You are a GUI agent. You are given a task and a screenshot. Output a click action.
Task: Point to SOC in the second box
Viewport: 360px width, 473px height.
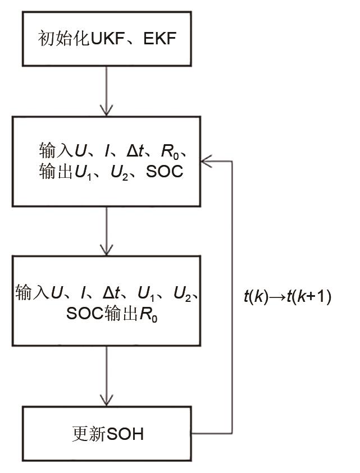coord(165,172)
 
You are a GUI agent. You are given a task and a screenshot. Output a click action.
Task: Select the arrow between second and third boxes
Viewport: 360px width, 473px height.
coord(106,230)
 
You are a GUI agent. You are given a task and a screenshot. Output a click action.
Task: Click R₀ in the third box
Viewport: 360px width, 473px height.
coord(148,316)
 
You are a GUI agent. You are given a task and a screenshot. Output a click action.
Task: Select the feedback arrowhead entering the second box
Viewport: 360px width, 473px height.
coord(207,162)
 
